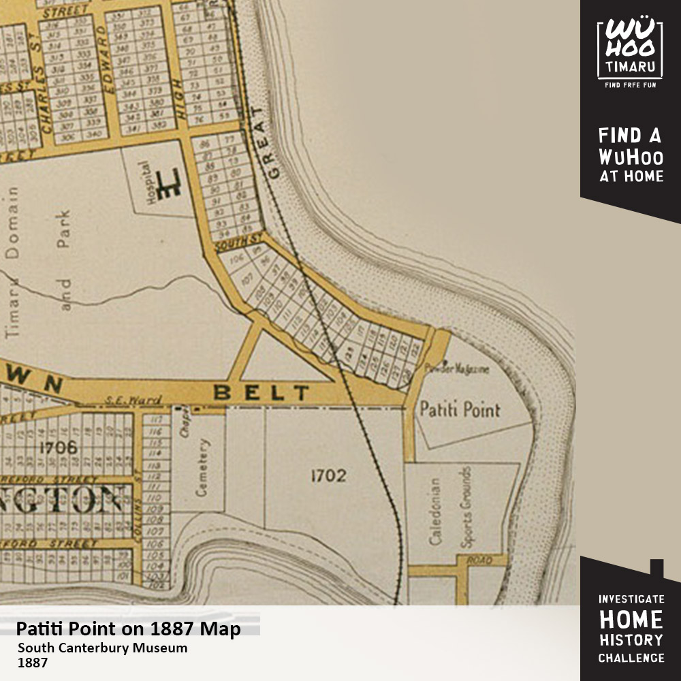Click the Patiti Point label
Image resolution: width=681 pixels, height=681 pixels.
click(460, 410)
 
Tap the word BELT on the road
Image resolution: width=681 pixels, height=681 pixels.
click(262, 393)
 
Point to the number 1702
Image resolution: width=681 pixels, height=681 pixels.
click(328, 476)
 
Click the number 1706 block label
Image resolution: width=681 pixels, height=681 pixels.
click(58, 447)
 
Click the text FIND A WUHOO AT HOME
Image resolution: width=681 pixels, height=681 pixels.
click(630, 155)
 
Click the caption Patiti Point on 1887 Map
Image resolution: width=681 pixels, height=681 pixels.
click(129, 629)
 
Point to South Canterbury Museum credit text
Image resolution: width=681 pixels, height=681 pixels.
click(102, 648)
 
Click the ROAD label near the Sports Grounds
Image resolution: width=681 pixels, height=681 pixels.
click(479, 560)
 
